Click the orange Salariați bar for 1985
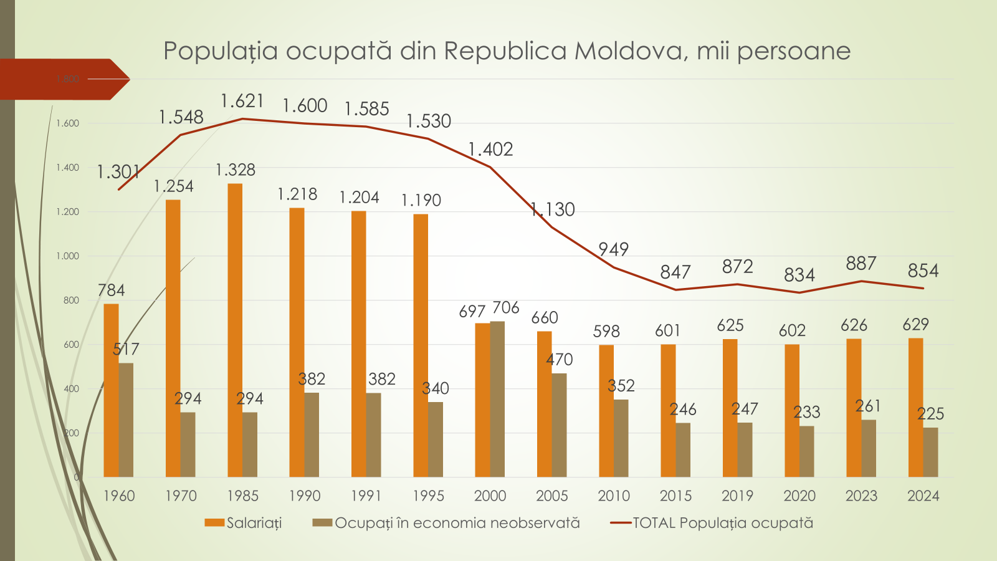pyautogui.click(x=235, y=330)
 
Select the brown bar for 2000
pyautogui.click(x=497, y=399)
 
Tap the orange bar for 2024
pyautogui.click(x=915, y=408)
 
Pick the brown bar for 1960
pyautogui.click(x=126, y=420)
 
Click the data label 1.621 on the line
pyautogui.click(x=242, y=101)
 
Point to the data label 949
pyautogui.click(x=613, y=249)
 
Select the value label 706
pyautogui.click(x=505, y=308)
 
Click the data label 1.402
pyautogui.click(x=490, y=150)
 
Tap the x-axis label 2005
pyautogui.click(x=551, y=496)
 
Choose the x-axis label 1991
pyautogui.click(x=366, y=496)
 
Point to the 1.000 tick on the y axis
pyautogui.click(x=67, y=256)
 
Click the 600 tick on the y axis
pyautogui.click(x=71, y=345)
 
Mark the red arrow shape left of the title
pyautogui.click(x=62, y=79)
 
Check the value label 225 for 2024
pyautogui.click(x=930, y=414)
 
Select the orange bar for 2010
pyautogui.click(x=606, y=411)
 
